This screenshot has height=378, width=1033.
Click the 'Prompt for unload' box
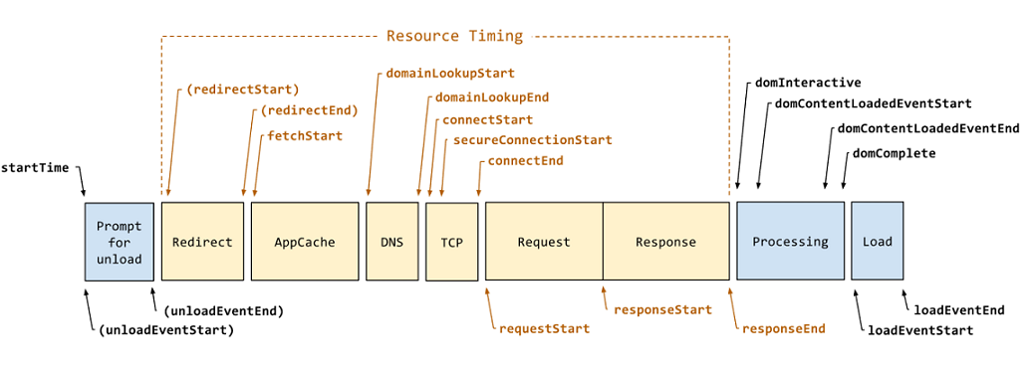coord(119,242)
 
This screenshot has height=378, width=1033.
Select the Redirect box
coord(202,242)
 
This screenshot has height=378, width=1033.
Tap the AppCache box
coord(305,242)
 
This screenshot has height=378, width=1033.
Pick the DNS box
coord(391,242)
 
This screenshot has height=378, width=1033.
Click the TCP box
coord(452,242)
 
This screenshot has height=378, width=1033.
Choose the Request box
coord(544,242)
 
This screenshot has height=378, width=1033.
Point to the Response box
coord(665,242)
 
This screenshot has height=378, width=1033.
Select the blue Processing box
coord(790,242)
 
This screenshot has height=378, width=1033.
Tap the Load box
coord(877,242)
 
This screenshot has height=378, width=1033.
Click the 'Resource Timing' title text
coord(453,36)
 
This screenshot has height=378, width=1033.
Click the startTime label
coord(36,167)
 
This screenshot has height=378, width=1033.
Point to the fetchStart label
coord(304,135)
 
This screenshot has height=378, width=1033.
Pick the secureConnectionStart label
coord(532,140)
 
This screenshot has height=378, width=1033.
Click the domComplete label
coord(894,152)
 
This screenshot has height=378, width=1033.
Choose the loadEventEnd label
coord(958,309)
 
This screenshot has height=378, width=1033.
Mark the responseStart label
coord(662,309)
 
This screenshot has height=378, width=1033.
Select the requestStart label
coord(544,328)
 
